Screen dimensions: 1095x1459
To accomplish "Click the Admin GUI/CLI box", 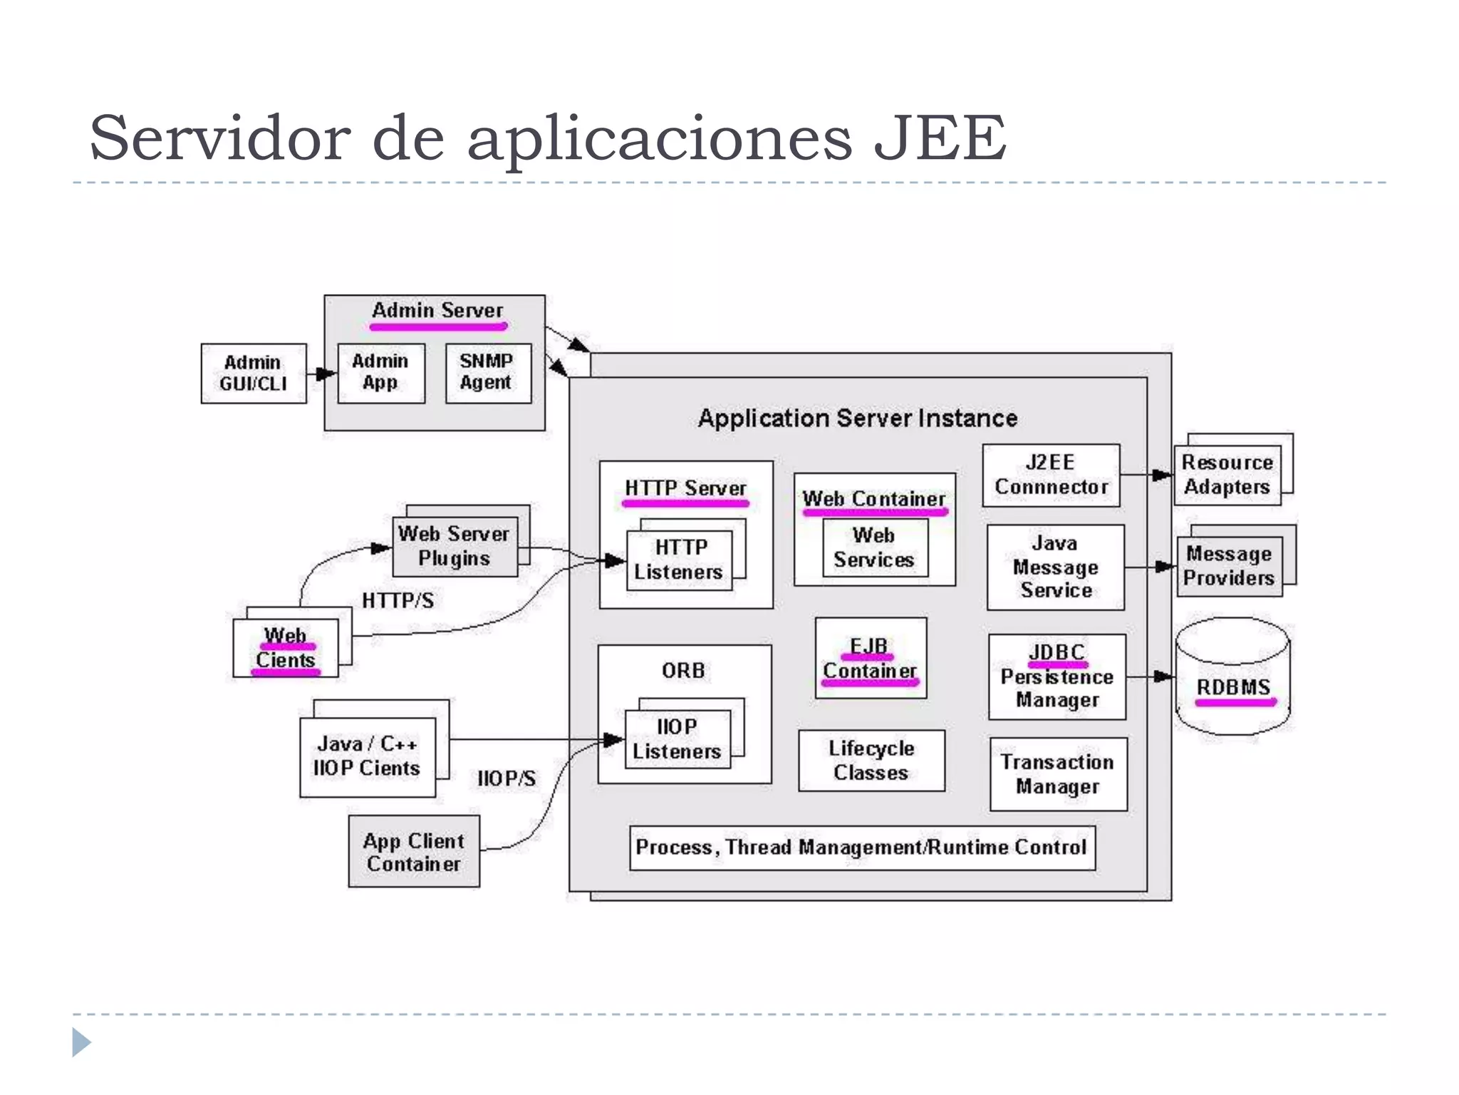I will click(254, 374).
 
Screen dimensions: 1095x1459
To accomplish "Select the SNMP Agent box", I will click(488, 373).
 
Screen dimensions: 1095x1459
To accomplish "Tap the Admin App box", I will click(381, 373).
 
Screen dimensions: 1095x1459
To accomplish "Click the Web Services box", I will click(875, 547).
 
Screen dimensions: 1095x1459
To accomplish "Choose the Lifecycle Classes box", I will click(871, 761).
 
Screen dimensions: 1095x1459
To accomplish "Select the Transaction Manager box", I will click(1059, 774).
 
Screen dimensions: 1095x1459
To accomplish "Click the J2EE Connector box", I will click(1051, 475).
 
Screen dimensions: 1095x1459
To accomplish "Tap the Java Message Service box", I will click(1056, 567).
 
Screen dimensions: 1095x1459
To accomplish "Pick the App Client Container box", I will click(414, 851).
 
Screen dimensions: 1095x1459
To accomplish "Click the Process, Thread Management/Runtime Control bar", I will click(862, 848).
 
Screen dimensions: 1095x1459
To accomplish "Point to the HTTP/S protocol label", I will click(398, 601).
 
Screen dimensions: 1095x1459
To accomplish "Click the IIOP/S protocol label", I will click(507, 778).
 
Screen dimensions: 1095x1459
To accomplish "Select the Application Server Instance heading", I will click(858, 418).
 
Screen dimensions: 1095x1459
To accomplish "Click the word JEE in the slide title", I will click(940, 137).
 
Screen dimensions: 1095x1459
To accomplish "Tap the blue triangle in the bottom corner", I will click(81, 1042).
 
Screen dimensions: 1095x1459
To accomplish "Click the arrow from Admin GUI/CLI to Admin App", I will click(322, 374).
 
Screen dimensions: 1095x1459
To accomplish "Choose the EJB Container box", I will click(871, 658).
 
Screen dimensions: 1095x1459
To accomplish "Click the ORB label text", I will click(684, 671).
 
